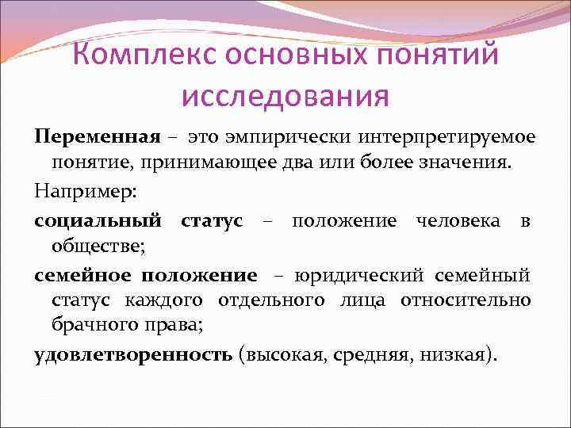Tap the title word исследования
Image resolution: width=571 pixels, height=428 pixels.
click(285, 97)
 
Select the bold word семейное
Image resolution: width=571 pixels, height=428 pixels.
click(83, 275)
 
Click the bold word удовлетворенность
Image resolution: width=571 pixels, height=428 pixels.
click(132, 354)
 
